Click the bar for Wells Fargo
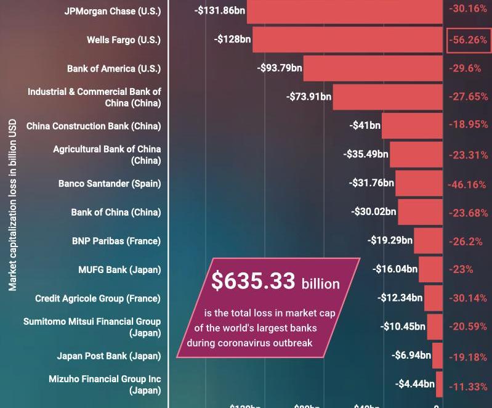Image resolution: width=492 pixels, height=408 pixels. point(347,39)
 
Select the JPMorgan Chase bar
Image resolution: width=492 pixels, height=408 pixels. point(345,11)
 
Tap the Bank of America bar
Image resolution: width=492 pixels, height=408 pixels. point(373,68)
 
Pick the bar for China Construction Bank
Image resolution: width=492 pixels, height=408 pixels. point(412,126)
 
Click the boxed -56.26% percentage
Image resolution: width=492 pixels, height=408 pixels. point(468,40)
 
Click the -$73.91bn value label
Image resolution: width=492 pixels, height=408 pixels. point(309,97)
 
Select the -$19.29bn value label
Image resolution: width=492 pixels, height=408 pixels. point(390,240)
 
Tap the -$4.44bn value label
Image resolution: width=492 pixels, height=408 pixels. point(415,384)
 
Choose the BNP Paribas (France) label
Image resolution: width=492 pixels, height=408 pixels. point(116,241)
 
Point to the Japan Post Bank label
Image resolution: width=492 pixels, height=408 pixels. point(109,356)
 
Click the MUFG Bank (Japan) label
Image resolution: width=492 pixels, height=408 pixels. point(119,269)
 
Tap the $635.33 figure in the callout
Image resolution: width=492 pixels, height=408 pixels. point(253,281)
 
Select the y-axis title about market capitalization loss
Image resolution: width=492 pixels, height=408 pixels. point(12,204)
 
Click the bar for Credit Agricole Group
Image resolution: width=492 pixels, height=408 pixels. point(434,298)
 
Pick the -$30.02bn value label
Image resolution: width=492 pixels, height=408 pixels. point(374,211)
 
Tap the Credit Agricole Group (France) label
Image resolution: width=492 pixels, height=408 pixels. point(98,298)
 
